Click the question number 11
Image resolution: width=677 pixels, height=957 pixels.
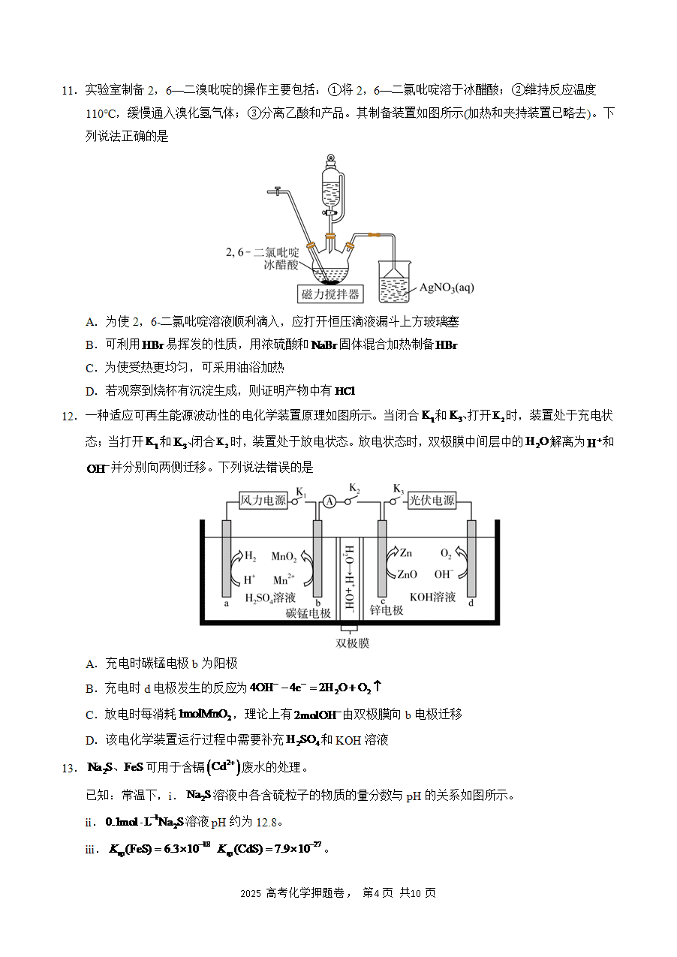pyautogui.click(x=70, y=91)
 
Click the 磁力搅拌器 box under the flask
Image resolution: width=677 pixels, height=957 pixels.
pyautogui.click(x=330, y=294)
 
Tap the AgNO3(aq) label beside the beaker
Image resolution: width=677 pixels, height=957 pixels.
pyautogui.click(x=447, y=287)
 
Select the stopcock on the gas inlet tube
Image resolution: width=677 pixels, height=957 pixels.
pyautogui.click(x=277, y=191)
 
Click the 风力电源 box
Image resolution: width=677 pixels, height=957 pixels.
pyautogui.click(x=263, y=501)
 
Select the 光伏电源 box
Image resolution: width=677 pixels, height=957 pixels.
pyautogui.click(x=432, y=501)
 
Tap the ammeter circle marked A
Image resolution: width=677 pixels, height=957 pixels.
pyautogui.click(x=329, y=501)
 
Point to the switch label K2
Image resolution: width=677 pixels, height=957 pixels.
pyautogui.click(x=354, y=488)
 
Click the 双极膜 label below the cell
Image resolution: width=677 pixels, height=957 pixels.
pyautogui.click(x=352, y=643)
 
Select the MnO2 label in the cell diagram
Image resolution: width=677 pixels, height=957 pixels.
pyautogui.click(x=284, y=556)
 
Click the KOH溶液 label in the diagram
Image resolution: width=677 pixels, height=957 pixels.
pyautogui.click(x=432, y=597)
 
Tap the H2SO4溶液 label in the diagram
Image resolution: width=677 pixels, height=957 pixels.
pyautogui.click(x=270, y=597)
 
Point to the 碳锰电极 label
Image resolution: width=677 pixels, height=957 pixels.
pyautogui.click(x=308, y=613)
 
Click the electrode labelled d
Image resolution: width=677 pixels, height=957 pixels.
pyautogui.click(x=471, y=558)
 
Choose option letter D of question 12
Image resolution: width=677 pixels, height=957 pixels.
pyautogui.click(x=92, y=740)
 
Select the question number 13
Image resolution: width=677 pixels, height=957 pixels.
pyautogui.click(x=70, y=769)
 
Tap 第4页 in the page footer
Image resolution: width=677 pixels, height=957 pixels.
pyautogui.click(x=378, y=893)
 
